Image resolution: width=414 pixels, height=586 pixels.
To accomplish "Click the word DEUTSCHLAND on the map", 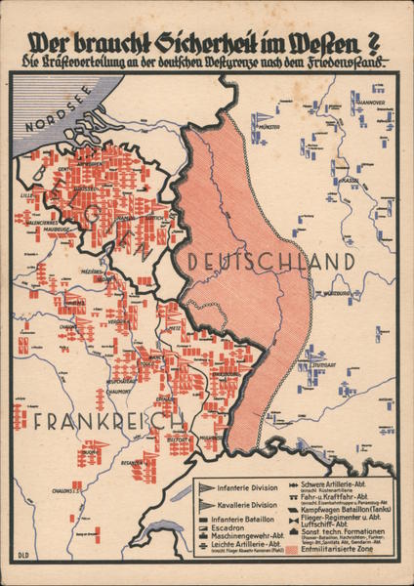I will [269, 262].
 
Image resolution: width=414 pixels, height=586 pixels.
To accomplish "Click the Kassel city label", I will [347, 181].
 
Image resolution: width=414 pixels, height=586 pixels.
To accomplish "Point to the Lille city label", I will [26, 195].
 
